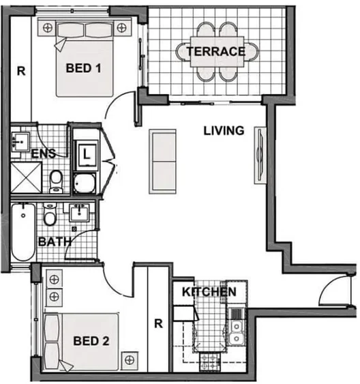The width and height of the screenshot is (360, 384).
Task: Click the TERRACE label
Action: (x=216, y=52)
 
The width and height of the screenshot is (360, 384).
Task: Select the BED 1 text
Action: (x=85, y=68)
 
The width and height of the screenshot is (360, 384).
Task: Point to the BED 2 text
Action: (x=91, y=340)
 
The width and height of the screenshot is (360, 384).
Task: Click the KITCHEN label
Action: (x=209, y=292)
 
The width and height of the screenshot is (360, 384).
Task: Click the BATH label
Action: (x=52, y=241)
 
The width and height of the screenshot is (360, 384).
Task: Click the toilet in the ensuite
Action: (x=56, y=179)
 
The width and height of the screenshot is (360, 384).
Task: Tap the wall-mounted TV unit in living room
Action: (x=259, y=155)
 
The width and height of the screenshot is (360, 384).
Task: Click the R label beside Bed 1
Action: (x=20, y=70)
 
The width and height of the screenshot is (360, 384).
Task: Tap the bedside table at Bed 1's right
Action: (x=122, y=28)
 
